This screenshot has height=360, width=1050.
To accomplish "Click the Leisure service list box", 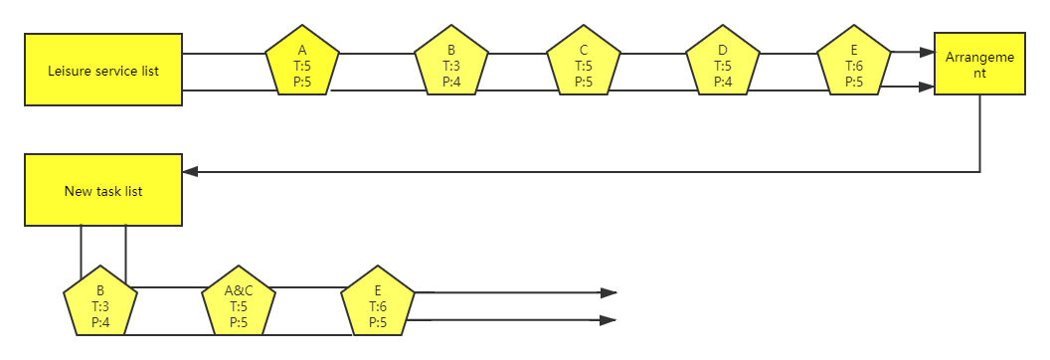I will (103, 70).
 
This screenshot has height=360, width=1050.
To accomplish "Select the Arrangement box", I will (980, 65).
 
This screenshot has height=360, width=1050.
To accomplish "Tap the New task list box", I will (103, 191).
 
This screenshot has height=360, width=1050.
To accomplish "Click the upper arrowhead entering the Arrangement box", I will (927, 53).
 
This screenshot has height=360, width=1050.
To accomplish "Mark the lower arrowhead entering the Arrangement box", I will (927, 87).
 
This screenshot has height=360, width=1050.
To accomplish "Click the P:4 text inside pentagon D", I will (723, 82).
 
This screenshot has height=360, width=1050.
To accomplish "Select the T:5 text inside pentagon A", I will (302, 67).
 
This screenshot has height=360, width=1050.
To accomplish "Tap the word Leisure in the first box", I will (69, 71).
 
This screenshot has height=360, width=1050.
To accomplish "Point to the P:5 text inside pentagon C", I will (584, 82).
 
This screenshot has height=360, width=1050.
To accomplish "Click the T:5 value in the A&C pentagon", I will (239, 307).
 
